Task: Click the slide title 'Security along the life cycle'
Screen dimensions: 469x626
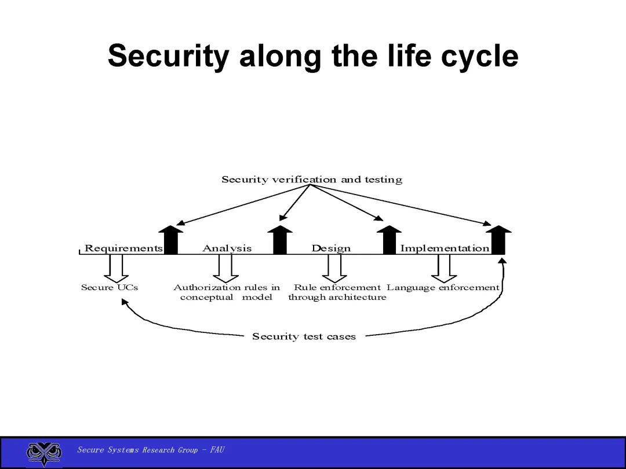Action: tap(313, 56)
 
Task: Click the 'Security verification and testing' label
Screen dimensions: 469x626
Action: tap(312, 179)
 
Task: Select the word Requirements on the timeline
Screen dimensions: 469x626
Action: tap(123, 248)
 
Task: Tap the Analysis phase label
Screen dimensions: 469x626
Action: tap(227, 248)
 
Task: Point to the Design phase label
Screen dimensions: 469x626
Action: tap(331, 248)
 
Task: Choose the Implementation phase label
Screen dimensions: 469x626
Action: tap(445, 248)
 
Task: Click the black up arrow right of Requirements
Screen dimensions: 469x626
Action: tap(170, 240)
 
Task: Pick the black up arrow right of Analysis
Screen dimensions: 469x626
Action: tap(280, 240)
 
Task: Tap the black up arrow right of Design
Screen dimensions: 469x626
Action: tap(389, 240)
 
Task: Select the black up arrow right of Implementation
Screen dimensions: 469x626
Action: tap(498, 240)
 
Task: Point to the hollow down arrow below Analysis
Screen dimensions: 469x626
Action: tap(225, 268)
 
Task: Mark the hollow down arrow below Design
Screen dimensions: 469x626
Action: tap(334, 268)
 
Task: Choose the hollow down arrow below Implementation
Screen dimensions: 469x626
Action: tap(444, 268)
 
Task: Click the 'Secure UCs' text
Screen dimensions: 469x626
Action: tap(110, 287)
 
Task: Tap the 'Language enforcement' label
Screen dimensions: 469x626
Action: tap(443, 287)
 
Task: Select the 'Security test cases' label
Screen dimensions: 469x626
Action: tap(304, 336)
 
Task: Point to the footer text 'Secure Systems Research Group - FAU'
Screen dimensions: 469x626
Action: tap(151, 450)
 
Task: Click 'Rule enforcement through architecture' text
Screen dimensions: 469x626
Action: tap(337, 292)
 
